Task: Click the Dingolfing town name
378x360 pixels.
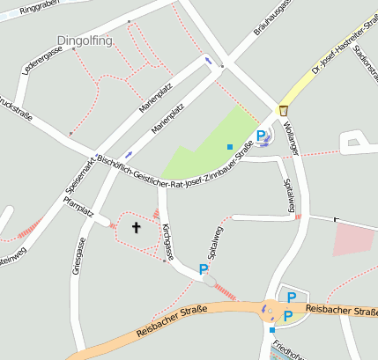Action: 85,40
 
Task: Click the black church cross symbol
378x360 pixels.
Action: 137,228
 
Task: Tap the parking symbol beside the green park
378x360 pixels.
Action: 261,136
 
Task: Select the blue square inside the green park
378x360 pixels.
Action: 230,146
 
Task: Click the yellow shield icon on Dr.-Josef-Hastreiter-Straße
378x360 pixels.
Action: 284,110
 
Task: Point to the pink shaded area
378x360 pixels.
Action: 353,239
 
